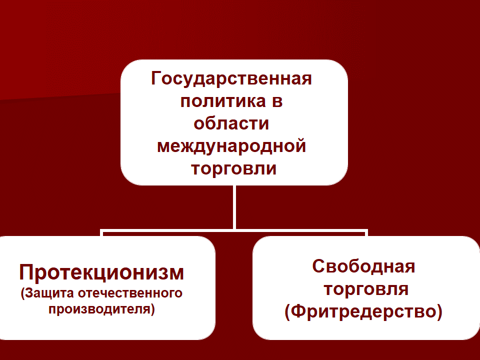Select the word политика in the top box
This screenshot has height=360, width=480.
(x=223, y=101)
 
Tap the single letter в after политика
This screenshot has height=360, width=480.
(x=276, y=102)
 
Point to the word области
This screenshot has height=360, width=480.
(x=231, y=123)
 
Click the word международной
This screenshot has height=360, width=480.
(x=231, y=146)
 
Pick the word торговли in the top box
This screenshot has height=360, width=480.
(x=234, y=168)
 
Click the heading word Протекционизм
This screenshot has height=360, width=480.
(x=101, y=272)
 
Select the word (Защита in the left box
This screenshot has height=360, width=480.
(x=47, y=293)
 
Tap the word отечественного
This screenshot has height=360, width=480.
(x=130, y=293)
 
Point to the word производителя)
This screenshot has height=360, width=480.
(x=101, y=309)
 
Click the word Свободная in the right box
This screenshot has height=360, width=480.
(x=363, y=266)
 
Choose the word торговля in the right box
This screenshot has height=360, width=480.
(x=366, y=289)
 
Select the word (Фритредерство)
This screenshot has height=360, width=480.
(x=363, y=312)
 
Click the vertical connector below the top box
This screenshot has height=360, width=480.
(x=234, y=207)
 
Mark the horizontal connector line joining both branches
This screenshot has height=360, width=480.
(x=234, y=230)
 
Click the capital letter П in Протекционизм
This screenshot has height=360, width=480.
(x=26, y=272)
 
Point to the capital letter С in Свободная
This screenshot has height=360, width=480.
(x=318, y=266)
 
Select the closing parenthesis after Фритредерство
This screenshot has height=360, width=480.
(x=439, y=312)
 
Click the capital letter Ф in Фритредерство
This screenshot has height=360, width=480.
(x=298, y=311)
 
